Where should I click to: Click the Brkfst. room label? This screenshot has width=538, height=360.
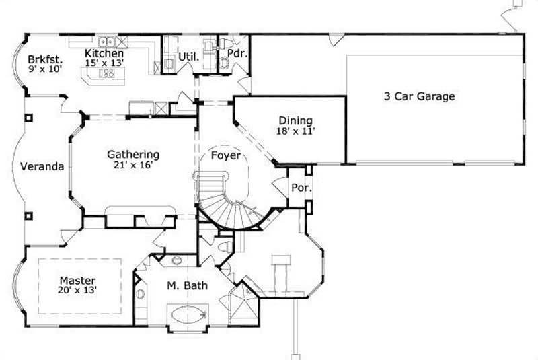coord(41,57)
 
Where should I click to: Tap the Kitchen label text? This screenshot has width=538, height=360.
coord(104,52)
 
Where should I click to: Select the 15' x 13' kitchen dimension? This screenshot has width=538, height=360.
coord(104,63)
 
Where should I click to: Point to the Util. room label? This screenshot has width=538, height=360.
coord(188,57)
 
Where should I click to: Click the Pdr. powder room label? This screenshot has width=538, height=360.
coord(235,52)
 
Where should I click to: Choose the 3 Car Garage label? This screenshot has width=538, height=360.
coord(419,96)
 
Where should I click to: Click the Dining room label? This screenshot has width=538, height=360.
coord(295,121)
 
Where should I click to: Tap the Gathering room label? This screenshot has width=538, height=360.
coord(132,154)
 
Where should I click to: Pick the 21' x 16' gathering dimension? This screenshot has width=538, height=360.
coord(132,164)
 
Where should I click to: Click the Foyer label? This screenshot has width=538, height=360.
coord(226,155)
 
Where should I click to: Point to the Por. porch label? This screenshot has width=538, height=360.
coord(300,187)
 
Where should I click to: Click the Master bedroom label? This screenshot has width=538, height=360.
coord(77,280)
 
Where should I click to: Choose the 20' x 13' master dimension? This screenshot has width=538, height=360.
coord(77,291)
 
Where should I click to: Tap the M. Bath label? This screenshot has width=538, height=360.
coord(187,286)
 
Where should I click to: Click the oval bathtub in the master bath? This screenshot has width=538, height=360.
coord(188,315)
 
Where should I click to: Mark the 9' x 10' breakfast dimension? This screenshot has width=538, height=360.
coord(41,68)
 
